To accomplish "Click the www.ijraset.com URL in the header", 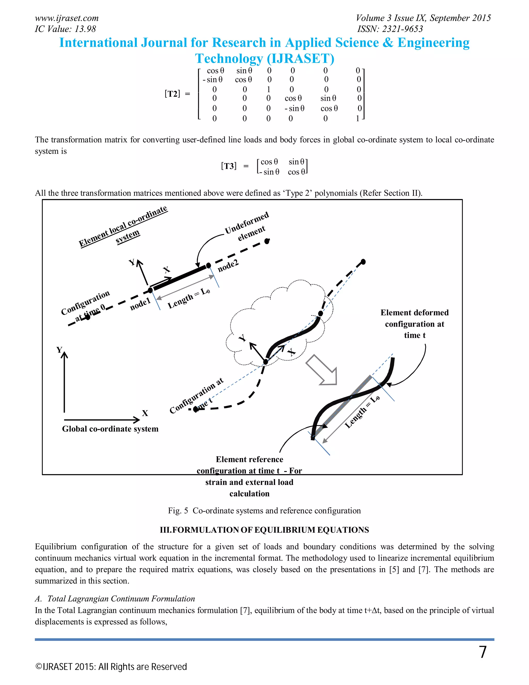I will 66,18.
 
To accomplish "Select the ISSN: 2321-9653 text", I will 390,29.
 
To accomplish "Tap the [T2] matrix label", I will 172,94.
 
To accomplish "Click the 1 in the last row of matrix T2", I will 357,119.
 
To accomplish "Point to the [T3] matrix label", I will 229,166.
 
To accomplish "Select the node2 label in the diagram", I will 228,266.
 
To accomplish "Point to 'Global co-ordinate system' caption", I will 110,429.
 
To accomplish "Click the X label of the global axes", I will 145,413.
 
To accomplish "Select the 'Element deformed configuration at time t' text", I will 414,324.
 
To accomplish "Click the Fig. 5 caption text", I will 264,511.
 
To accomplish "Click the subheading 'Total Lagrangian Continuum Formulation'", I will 121,598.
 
